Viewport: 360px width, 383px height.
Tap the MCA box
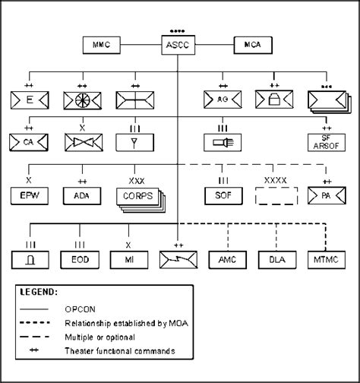coord(256,46)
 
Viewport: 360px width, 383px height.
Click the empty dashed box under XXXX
coord(274,197)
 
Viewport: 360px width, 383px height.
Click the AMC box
coord(226,259)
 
